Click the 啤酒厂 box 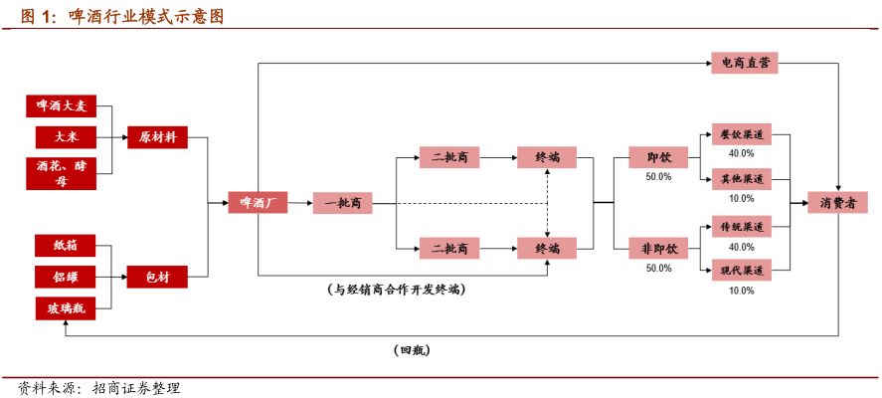click(x=258, y=203)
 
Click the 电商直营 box click(x=744, y=64)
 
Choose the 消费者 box click(x=838, y=203)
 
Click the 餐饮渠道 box click(x=741, y=135)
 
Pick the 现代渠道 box click(x=741, y=270)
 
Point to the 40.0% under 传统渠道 click(x=741, y=247)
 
